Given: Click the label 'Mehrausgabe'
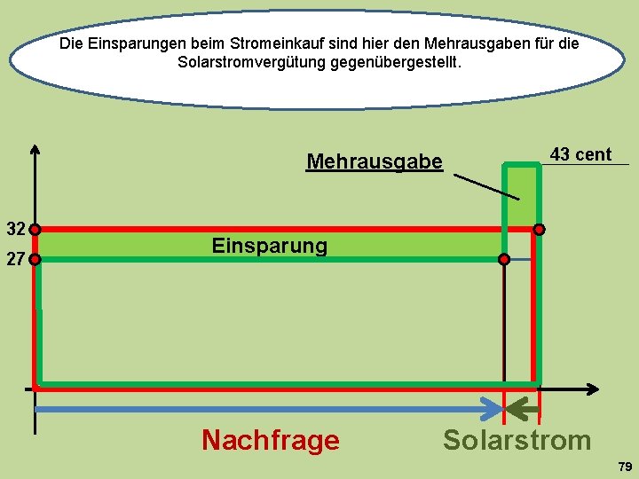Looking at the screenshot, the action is click(x=374, y=161).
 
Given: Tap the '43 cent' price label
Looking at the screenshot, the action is click(x=580, y=154).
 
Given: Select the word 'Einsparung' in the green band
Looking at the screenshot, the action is click(x=269, y=245).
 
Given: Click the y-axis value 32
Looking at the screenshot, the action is click(x=15, y=229).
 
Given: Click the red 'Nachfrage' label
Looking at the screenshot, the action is click(x=270, y=440).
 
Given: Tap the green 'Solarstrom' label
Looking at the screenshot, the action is click(x=517, y=440).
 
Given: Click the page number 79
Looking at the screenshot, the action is click(x=625, y=467).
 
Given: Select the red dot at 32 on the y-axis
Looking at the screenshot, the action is click(x=35, y=229).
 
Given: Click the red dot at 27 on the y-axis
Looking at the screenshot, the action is click(x=35, y=260).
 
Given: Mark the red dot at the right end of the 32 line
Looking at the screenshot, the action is click(x=539, y=229).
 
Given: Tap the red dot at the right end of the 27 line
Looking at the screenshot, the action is click(x=504, y=260).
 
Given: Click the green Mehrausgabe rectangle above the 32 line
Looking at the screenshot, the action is click(x=521, y=195).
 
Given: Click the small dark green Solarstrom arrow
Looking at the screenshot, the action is click(x=523, y=409).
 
